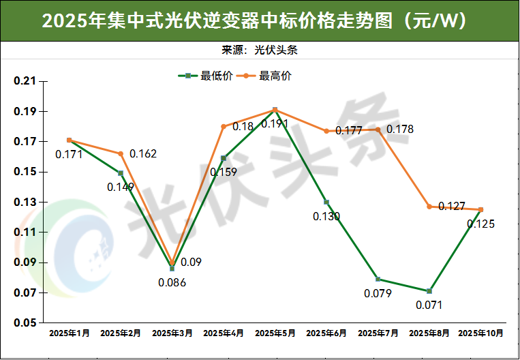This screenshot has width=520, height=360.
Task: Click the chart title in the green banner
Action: pos(259,20)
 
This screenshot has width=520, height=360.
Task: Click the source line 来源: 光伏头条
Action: pos(260,50)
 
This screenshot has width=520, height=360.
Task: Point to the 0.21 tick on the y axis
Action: pos(25,81)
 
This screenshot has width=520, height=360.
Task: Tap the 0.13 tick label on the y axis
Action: pos(25,202)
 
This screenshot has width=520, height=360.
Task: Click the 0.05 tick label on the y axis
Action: pos(25,323)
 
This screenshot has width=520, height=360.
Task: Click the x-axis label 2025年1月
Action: pos(70,333)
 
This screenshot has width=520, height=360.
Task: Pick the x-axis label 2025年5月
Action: pos(275,333)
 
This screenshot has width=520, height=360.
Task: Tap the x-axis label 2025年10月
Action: pos(481,333)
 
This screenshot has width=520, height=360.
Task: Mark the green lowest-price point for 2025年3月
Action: pos(172,269)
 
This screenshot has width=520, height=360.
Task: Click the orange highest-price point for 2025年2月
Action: pos(121,154)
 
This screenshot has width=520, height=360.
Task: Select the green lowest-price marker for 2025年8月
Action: pos(429,291)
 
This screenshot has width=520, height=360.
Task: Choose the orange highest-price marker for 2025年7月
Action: pos(378,130)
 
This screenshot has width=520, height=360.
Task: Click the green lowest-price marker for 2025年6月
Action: pos(326,202)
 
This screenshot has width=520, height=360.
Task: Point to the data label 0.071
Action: pos(429,305)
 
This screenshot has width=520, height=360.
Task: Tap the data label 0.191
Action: pos(275,124)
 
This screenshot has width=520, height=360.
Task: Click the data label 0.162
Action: pos(143,154)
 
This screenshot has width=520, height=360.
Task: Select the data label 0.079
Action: pos(378,293)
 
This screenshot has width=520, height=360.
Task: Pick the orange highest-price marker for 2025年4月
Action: pos(224,126)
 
